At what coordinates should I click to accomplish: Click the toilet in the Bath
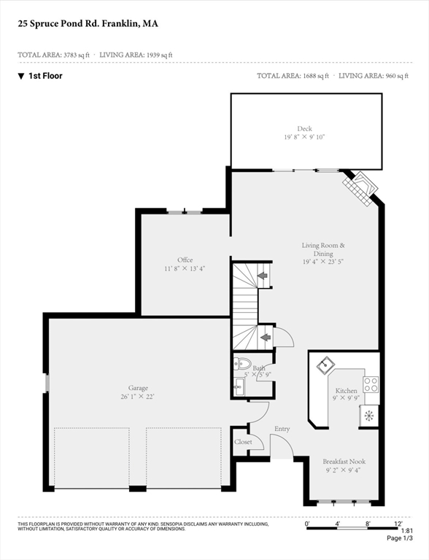point(241,364)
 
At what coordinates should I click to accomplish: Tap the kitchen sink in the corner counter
point(325,365)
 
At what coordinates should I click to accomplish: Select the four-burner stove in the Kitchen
point(371,385)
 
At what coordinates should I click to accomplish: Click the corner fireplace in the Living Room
point(360,188)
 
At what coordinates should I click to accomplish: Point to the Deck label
point(304,128)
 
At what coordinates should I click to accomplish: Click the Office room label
point(185,260)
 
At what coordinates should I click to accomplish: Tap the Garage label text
point(138,388)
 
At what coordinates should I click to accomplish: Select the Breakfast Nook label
point(344,462)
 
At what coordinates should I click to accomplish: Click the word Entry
point(282,429)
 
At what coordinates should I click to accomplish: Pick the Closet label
point(243,442)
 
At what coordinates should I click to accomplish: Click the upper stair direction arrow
point(263,276)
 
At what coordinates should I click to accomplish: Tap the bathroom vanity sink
point(239,387)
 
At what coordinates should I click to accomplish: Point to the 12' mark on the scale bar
point(398,524)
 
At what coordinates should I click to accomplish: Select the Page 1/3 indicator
point(400,538)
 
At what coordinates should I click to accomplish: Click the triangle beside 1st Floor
point(21,76)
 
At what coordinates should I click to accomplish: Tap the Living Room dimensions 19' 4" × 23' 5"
point(323,262)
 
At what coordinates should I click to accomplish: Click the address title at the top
point(88,24)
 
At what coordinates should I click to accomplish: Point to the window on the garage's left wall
point(47,384)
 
